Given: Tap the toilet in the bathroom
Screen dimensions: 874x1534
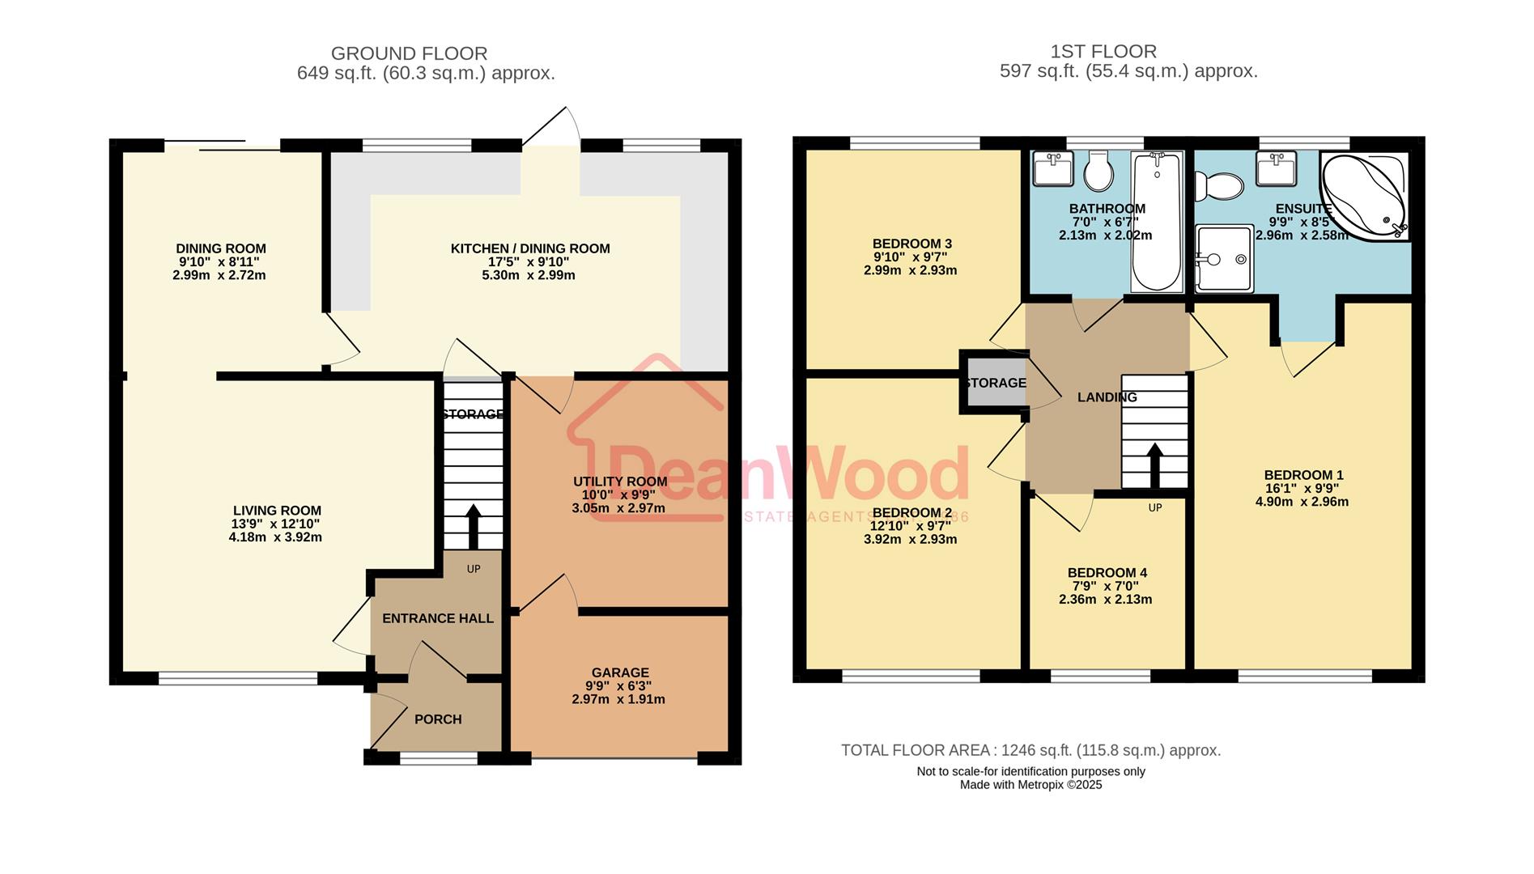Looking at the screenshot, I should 1099,170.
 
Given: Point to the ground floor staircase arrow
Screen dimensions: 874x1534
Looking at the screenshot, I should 473,527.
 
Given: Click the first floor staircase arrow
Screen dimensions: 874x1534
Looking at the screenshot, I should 1154,465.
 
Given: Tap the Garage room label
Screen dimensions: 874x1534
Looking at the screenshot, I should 620,672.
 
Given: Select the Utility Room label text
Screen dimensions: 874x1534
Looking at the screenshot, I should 620,482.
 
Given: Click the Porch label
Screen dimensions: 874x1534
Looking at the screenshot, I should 438,719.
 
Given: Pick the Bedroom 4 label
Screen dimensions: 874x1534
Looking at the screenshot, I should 1107,573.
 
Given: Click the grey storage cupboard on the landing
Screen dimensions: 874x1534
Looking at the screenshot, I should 994,383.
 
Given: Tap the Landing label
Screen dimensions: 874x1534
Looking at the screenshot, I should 1107,397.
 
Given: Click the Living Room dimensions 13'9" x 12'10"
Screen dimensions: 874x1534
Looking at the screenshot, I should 276,524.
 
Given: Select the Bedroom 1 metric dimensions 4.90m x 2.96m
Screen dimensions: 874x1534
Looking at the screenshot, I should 1302,502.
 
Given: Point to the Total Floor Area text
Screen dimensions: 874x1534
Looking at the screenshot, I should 1030,750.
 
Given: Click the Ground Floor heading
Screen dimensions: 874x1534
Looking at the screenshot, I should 409,53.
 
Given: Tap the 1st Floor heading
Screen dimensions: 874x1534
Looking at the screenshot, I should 1103,52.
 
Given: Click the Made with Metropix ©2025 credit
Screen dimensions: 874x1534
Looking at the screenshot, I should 1030,784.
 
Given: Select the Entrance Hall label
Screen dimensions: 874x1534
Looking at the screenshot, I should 437,618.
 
